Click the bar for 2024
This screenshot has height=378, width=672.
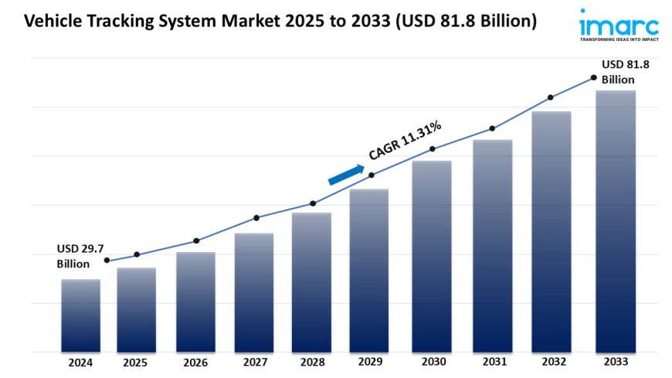[80, 315]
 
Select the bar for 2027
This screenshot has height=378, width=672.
[254, 292]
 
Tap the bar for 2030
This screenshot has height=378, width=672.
[431, 256]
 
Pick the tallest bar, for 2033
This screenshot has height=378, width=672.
[616, 221]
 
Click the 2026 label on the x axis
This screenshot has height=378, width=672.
[195, 363]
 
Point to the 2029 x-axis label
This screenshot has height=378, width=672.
[370, 363]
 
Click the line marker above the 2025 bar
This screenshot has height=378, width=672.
[137, 254]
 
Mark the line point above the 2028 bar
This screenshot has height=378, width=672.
[313, 203]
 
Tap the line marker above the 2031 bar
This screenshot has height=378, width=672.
[491, 128]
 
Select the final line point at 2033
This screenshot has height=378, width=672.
[593, 77]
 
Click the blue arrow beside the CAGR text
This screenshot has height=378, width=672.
[346, 175]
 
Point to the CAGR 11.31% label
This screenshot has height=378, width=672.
[405, 140]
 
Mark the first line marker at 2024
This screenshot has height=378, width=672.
[107, 261]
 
